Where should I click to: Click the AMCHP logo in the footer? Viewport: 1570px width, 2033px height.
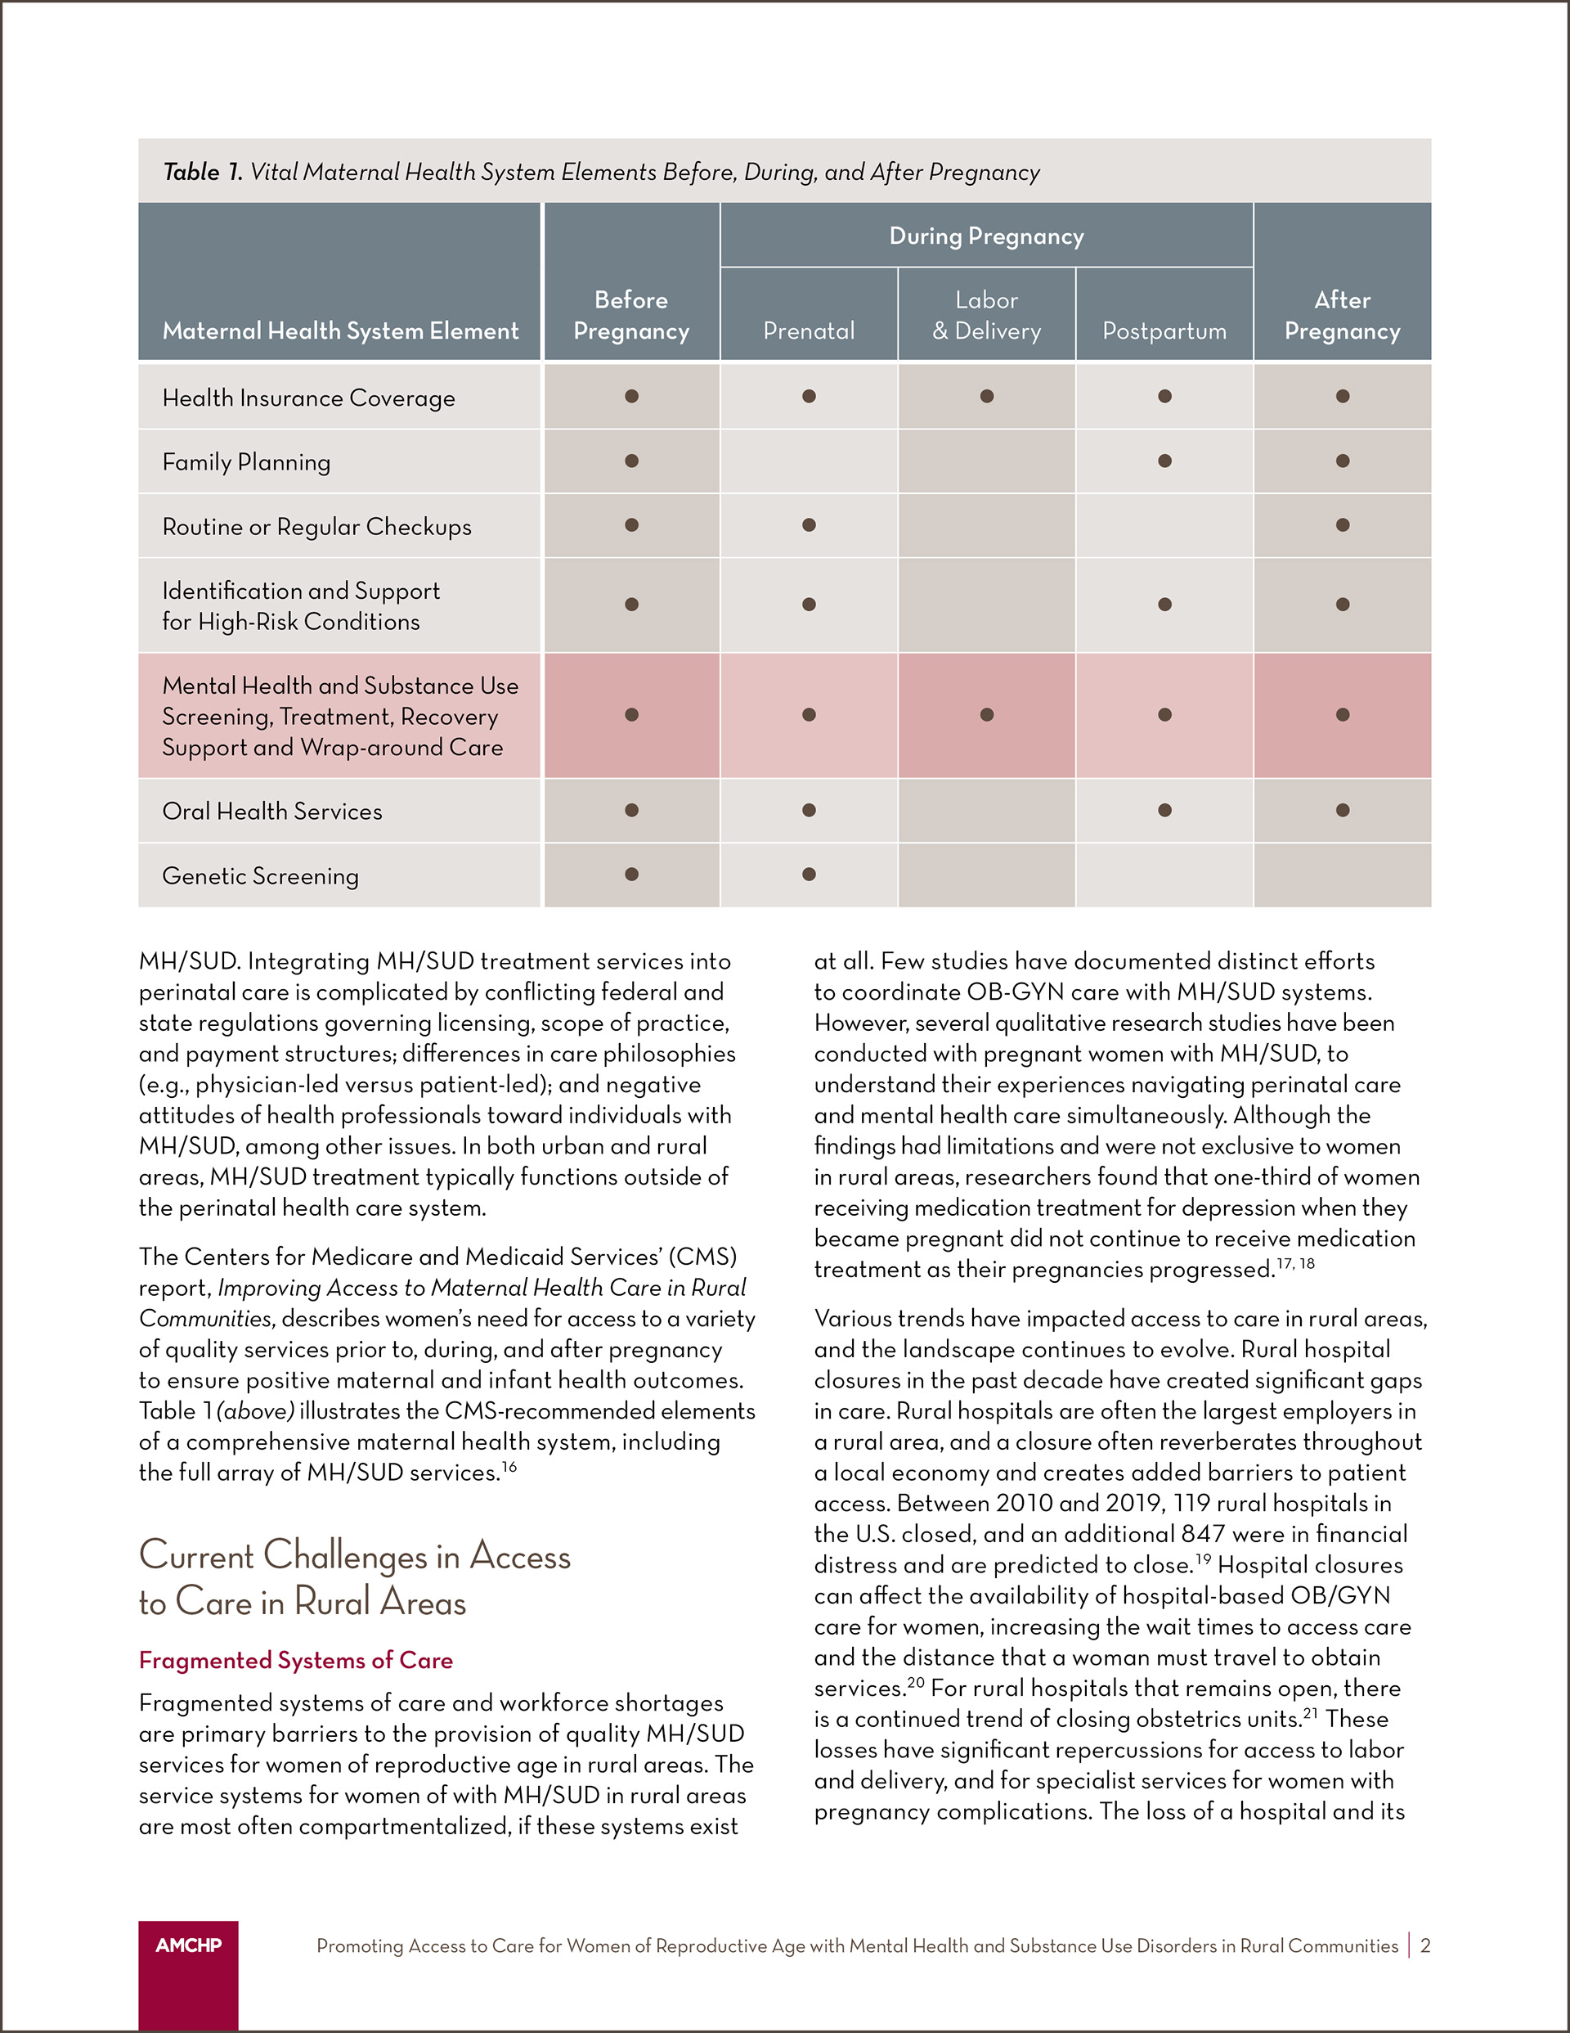coord(188,1945)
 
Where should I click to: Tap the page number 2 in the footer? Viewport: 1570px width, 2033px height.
coord(1424,1945)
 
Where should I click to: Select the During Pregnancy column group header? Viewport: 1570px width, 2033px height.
coord(986,236)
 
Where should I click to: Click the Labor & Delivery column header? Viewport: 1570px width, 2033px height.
coord(986,316)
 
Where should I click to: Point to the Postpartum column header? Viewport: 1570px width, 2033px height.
coord(1164,331)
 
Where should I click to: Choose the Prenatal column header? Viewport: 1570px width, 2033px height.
coord(809,331)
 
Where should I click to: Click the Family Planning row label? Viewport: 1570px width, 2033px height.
coord(247,462)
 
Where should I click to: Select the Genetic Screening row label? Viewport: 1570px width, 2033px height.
coord(261,876)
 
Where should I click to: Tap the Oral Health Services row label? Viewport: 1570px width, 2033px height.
coord(271,812)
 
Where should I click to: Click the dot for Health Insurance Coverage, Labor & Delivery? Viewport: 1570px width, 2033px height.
coord(986,397)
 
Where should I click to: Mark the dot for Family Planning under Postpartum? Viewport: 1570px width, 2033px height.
coord(1164,461)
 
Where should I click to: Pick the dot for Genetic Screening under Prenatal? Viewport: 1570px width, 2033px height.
coord(809,874)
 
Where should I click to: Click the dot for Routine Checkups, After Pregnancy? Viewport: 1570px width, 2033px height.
coord(1342,525)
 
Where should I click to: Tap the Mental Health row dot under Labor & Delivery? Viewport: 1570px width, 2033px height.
coord(986,715)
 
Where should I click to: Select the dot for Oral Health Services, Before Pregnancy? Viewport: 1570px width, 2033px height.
coord(631,810)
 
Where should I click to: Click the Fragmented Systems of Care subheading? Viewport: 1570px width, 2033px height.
coord(296,1661)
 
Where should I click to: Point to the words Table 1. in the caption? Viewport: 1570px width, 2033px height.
coord(203,172)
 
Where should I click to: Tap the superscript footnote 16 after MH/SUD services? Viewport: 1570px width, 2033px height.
coord(509,1467)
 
